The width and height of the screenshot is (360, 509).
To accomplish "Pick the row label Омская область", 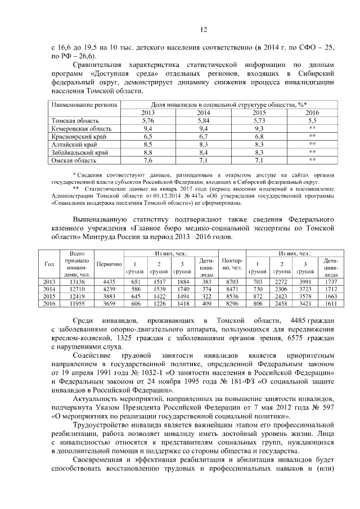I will point(71,160).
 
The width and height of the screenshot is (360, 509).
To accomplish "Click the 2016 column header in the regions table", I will point(312,113).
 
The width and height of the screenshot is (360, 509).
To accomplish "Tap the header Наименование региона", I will point(84,105).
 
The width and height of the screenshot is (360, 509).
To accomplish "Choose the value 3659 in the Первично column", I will point(109,303).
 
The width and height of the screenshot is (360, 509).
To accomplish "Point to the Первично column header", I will point(109,264).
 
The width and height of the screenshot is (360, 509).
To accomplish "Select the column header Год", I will point(48,264).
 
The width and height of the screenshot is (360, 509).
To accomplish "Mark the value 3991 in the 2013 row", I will point(304,281).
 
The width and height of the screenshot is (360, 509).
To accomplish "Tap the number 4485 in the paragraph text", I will point(295,320).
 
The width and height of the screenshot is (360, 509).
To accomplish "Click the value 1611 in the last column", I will point(331,303).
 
